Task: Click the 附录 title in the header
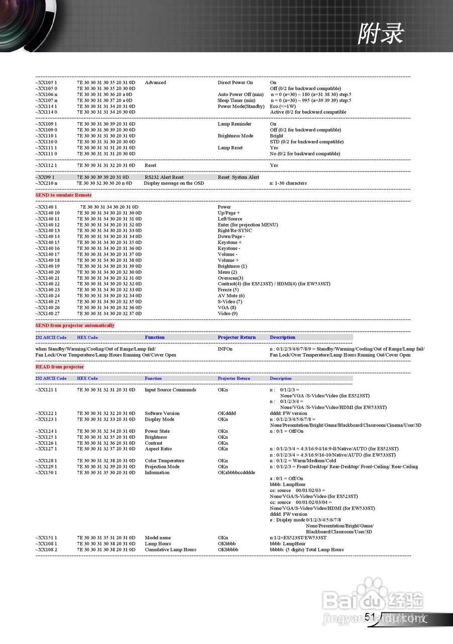(380, 34)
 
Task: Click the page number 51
(370, 617)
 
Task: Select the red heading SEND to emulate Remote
(63, 195)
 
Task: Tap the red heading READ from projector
(59, 367)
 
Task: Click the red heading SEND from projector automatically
(75, 326)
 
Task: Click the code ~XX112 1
(46, 166)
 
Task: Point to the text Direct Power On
(235, 83)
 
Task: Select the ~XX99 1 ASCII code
(45, 177)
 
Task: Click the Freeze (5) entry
(228, 290)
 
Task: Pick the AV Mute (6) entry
(231, 296)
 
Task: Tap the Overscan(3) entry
(230, 278)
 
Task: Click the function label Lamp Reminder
(235, 124)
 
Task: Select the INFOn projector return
(225, 349)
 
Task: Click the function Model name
(158, 538)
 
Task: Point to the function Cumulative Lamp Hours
(170, 549)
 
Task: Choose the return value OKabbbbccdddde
(236, 472)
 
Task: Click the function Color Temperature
(164, 461)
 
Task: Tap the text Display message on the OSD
(174, 183)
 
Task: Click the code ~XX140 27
(47, 313)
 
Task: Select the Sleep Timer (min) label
(236, 100)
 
